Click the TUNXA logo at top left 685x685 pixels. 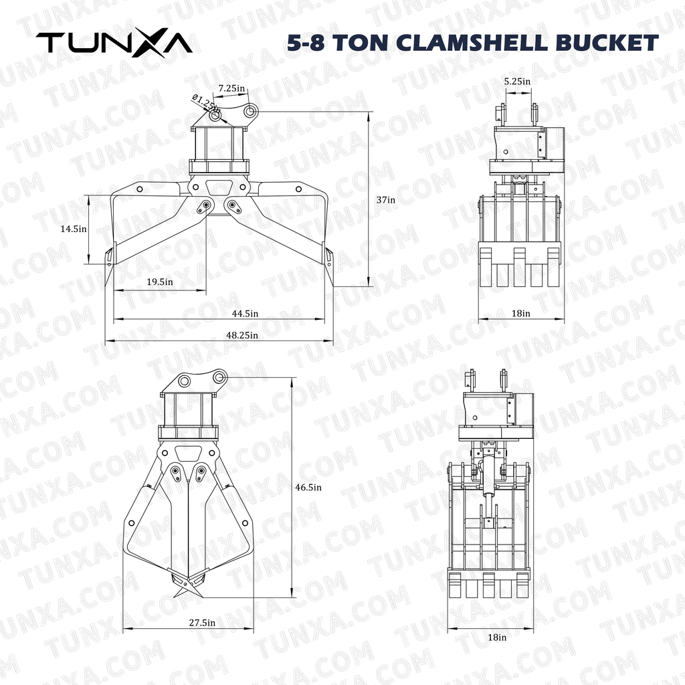[114, 43]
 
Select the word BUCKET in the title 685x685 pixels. [607, 43]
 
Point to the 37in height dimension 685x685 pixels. [385, 199]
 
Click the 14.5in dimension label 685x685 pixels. [74, 229]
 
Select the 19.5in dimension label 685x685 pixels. [159, 282]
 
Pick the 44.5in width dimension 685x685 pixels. [245, 314]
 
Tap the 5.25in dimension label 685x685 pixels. [517, 81]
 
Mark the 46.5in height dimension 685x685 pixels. [308, 488]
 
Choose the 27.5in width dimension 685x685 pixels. [201, 623]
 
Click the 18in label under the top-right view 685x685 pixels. [521, 312]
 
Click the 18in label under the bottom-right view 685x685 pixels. [497, 638]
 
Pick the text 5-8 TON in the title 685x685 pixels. [323, 43]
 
